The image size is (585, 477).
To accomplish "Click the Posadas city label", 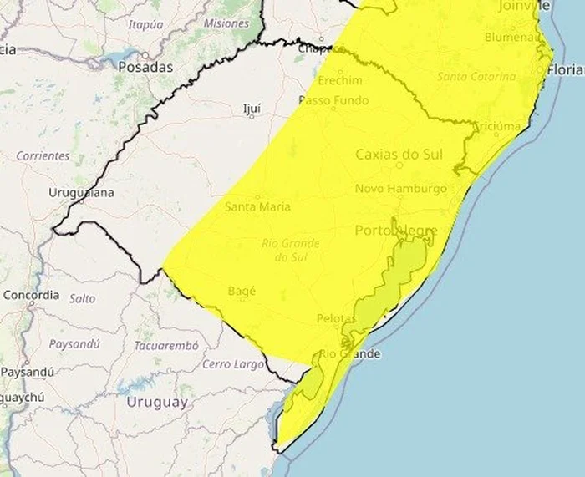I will (145, 67).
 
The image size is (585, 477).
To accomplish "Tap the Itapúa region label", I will (145, 24).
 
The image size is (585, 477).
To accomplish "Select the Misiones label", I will (226, 23).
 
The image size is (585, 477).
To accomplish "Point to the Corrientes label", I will (43, 155).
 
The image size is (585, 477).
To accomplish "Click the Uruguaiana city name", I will (81, 192).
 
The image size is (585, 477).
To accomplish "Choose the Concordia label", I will (32, 294).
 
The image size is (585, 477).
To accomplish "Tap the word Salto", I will (82, 298).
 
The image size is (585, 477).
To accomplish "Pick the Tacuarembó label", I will (166, 345).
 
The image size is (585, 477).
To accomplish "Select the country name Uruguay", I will (156, 402).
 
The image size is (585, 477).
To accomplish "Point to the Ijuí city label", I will (252, 108).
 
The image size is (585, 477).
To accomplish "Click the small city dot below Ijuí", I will (252, 117).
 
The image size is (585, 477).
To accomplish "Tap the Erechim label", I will (339, 80).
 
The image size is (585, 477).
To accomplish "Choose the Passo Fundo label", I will (333, 100).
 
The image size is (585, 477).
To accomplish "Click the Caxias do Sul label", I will (399, 154).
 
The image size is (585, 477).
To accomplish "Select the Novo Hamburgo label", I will (401, 189).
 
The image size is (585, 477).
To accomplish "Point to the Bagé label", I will (242, 291).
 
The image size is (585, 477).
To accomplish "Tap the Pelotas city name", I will (337, 318).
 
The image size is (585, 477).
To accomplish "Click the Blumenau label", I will (511, 37).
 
